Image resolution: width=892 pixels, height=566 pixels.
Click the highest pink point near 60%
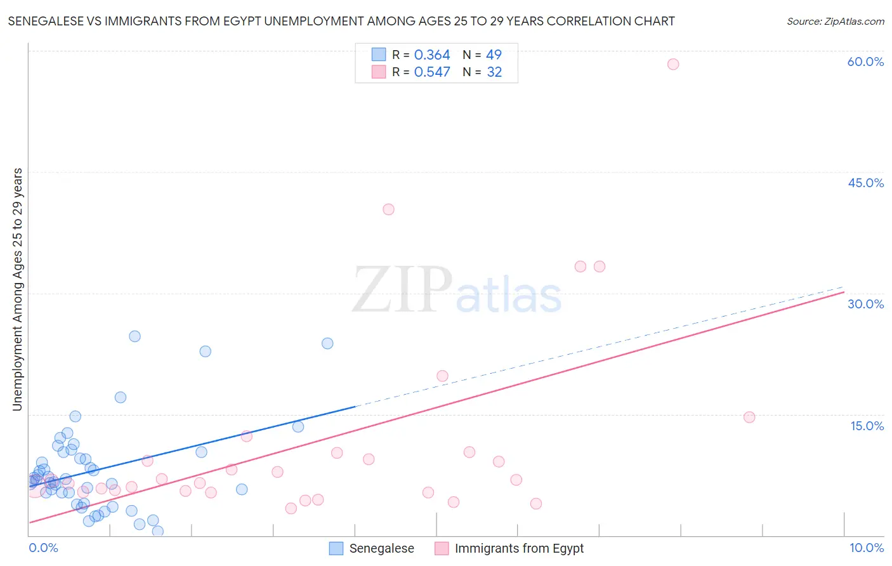(x=673, y=64)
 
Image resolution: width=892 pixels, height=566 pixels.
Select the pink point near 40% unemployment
(x=388, y=209)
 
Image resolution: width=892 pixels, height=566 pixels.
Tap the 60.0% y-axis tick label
(x=865, y=62)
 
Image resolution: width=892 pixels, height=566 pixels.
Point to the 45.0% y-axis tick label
(x=865, y=183)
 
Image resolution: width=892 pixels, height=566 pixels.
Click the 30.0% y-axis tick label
(x=865, y=304)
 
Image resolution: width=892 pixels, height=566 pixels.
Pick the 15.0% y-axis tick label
(x=867, y=426)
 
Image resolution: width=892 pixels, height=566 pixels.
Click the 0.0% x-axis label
(x=43, y=548)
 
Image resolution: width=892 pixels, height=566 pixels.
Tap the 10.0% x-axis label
(x=867, y=548)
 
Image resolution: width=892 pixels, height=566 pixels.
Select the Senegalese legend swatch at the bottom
(x=336, y=548)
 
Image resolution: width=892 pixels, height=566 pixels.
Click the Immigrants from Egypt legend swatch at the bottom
(x=442, y=548)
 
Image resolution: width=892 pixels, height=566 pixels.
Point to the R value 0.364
(x=432, y=55)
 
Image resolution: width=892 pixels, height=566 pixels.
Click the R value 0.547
(x=432, y=72)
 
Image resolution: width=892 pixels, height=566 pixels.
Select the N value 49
(x=494, y=55)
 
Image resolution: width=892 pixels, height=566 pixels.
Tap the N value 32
(x=494, y=72)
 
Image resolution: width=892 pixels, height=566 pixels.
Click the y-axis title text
(x=17, y=289)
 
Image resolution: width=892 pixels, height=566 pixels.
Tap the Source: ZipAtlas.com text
(x=835, y=21)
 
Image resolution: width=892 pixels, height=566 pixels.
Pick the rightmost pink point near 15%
(x=749, y=417)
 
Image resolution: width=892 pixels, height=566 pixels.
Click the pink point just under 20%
(x=442, y=376)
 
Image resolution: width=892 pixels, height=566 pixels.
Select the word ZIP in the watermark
(x=402, y=291)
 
